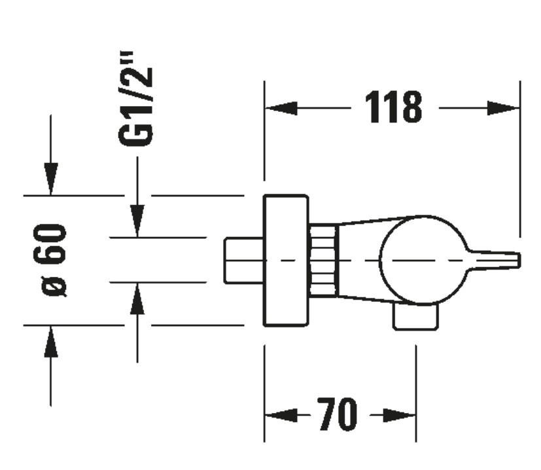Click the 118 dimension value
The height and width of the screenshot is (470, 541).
[x=393, y=108]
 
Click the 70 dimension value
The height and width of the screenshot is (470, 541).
[x=338, y=414]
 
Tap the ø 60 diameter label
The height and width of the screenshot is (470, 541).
[x=56, y=260]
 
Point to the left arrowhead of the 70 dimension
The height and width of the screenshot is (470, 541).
[x=279, y=414]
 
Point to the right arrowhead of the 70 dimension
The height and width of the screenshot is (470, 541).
[x=400, y=414]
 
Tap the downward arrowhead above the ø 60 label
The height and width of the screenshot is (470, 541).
[x=50, y=178]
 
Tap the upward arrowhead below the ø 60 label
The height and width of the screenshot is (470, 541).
[x=50, y=342]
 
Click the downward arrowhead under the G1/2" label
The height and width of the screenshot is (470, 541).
[x=137, y=220]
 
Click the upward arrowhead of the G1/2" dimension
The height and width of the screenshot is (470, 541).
[x=137, y=300]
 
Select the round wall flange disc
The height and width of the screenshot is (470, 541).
[x=285, y=260]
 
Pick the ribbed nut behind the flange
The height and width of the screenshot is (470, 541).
[x=323, y=260]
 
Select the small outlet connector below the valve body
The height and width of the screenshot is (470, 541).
[x=415, y=317]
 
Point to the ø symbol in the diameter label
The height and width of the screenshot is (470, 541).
[x=57, y=286]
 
